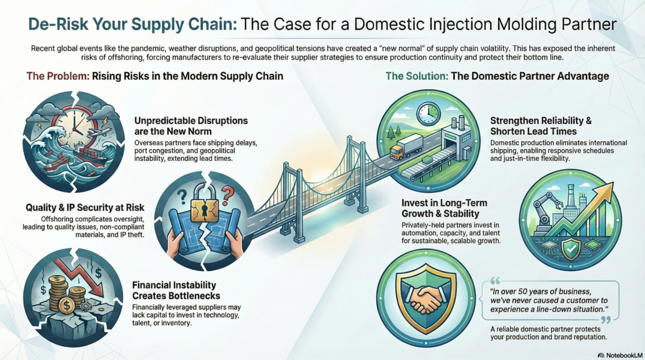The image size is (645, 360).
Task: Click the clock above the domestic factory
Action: [x=428, y=112]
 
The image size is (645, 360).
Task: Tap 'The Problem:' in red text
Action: [x=55, y=76]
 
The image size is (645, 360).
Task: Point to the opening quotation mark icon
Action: [x=496, y=280]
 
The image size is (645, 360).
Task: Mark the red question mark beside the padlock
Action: [x=228, y=191]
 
